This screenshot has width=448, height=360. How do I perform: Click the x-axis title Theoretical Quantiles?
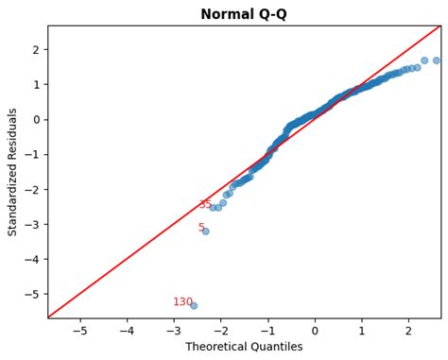(x=244, y=347)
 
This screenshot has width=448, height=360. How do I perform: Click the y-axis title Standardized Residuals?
(x=13, y=172)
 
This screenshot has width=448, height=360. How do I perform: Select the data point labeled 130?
(x=194, y=305)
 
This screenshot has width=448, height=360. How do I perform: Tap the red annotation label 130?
(x=182, y=302)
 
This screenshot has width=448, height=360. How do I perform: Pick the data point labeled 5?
(x=205, y=231)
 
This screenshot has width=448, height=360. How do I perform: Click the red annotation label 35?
(x=205, y=205)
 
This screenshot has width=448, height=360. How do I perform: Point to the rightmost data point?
(x=436, y=60)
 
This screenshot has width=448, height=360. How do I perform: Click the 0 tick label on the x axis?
(x=315, y=331)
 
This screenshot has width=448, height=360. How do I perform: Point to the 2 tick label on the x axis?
(x=408, y=331)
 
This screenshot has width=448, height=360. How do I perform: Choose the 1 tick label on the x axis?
(x=361, y=331)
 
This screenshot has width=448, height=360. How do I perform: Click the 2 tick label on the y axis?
(x=35, y=50)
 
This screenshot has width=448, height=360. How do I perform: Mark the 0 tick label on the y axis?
(x=35, y=120)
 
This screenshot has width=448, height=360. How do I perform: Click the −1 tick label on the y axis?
(x=32, y=155)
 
